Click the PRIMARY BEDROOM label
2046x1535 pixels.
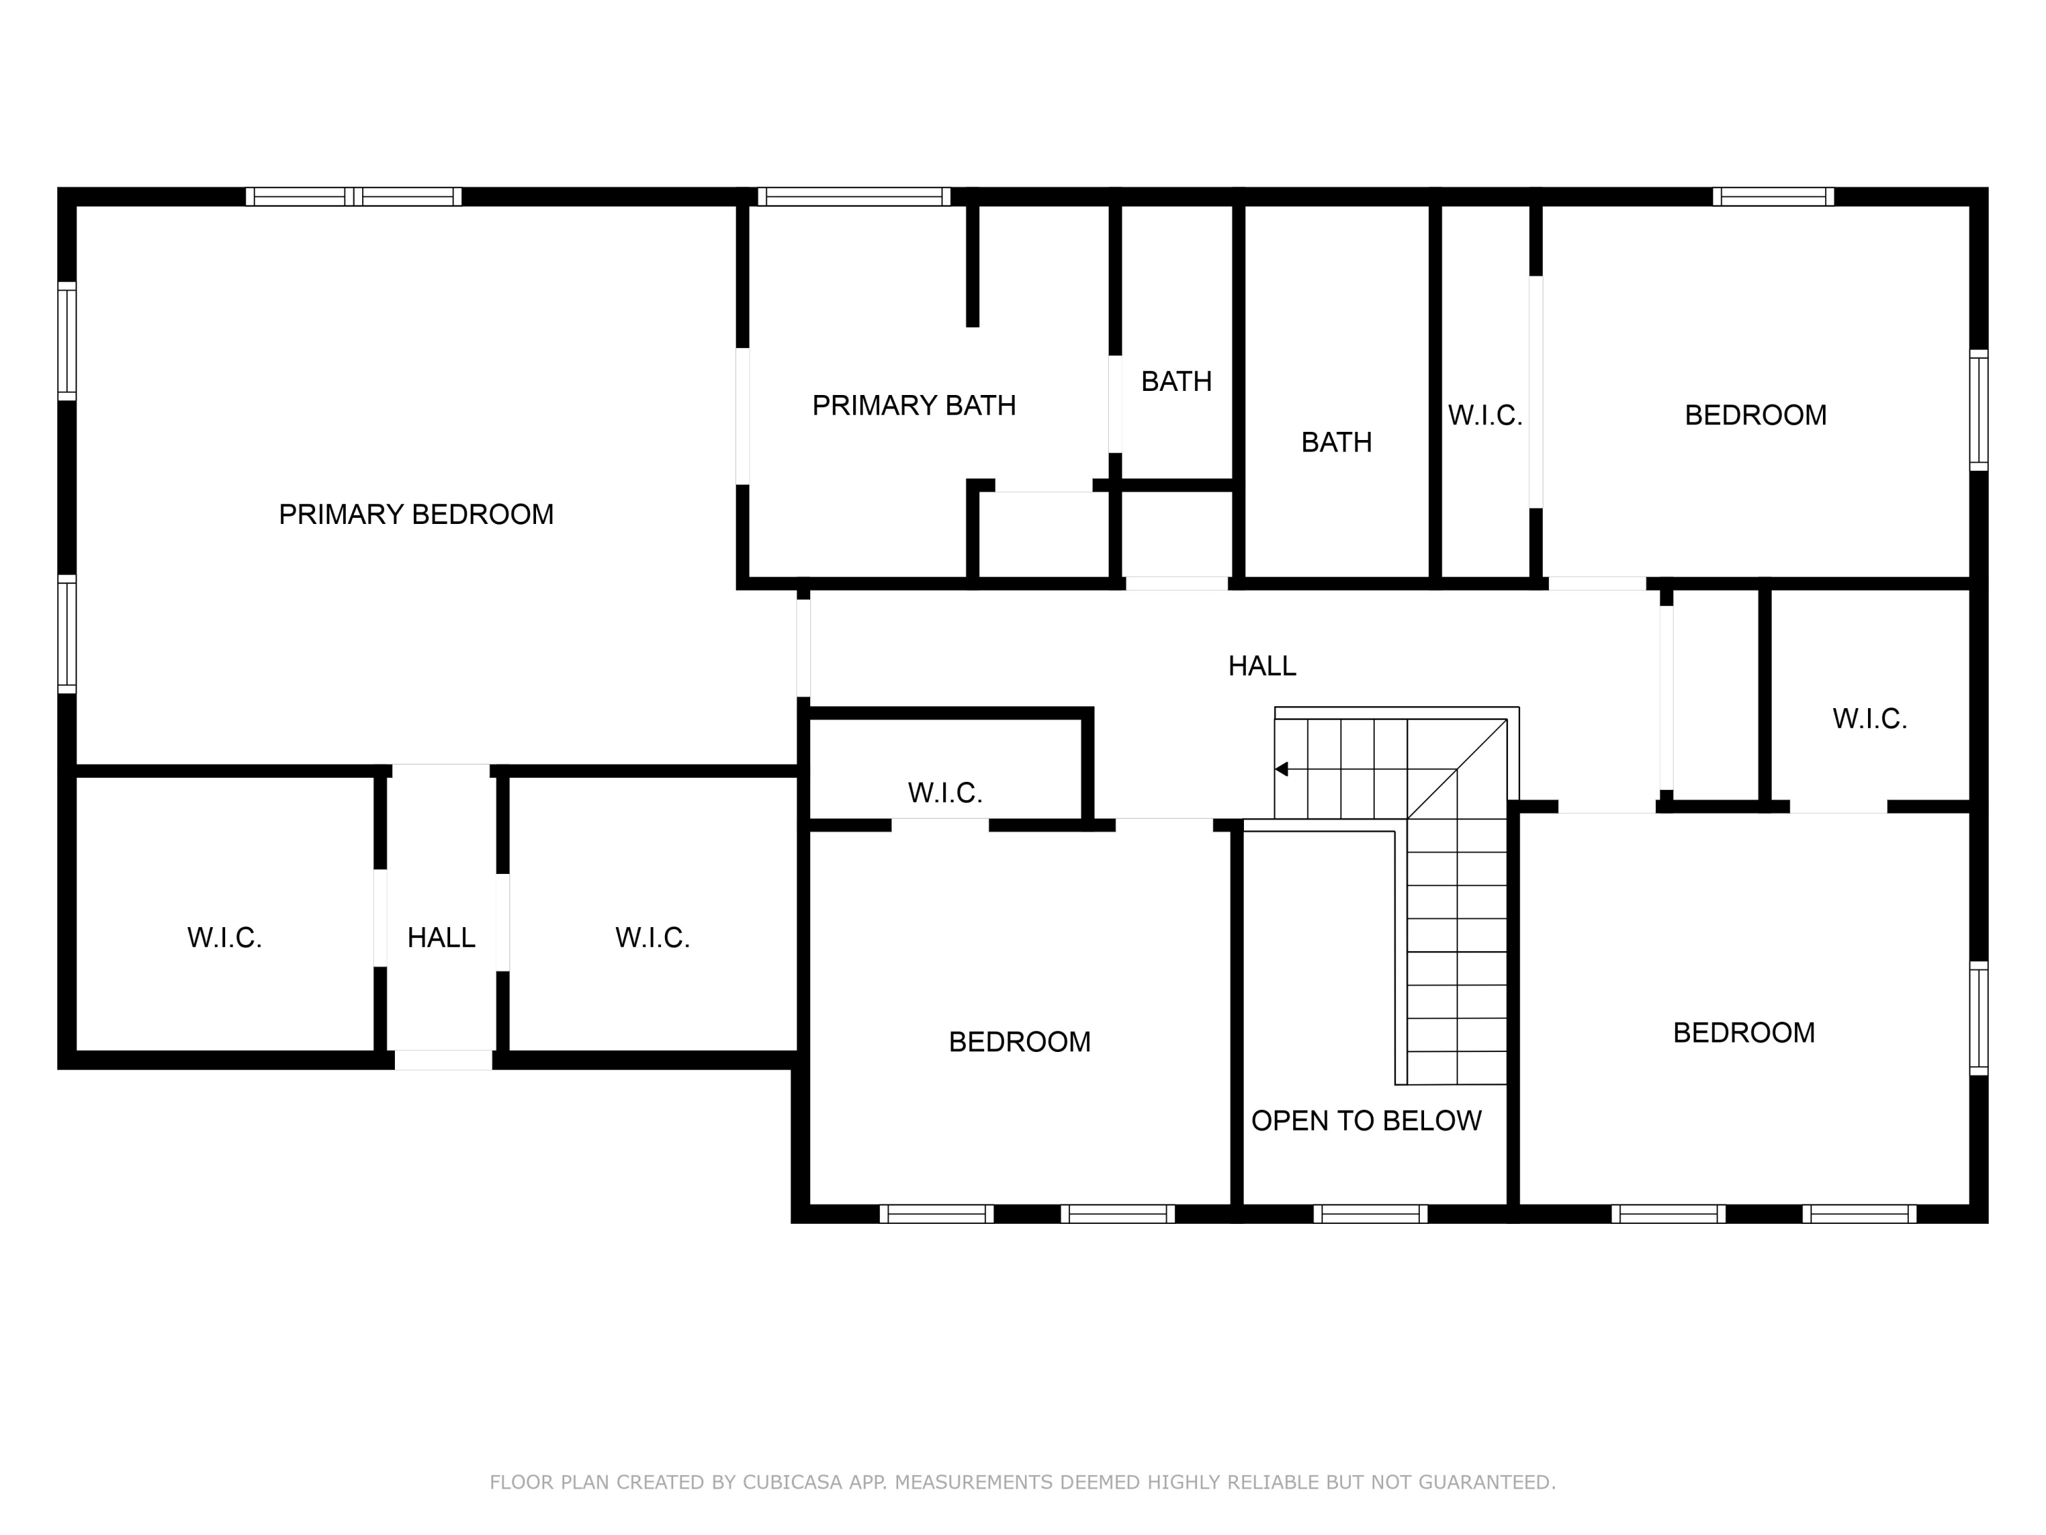[x=416, y=514]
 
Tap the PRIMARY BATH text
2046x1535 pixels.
[x=914, y=405]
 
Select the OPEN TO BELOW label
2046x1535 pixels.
[x=1366, y=1120]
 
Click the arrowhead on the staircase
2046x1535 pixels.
[x=1281, y=769]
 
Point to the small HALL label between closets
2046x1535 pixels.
[x=441, y=937]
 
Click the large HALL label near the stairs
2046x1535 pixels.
[x=1262, y=665]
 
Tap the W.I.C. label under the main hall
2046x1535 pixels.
[x=945, y=792]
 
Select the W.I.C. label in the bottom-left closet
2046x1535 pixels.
[x=225, y=937]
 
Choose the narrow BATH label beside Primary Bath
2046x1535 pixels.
[x=1176, y=381]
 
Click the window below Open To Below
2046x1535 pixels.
[x=1370, y=1213]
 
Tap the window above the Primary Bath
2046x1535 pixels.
[x=854, y=196]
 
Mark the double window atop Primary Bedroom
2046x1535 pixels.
[x=353, y=196]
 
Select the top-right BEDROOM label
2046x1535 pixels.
[x=1755, y=415]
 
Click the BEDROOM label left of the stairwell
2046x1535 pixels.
[x=1020, y=1042]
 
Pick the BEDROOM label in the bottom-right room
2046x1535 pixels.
[x=1744, y=1033]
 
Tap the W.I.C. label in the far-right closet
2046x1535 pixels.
[x=1869, y=719]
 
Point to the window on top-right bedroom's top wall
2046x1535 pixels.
[x=1773, y=196]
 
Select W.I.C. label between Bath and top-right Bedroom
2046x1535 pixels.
[x=1485, y=415]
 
